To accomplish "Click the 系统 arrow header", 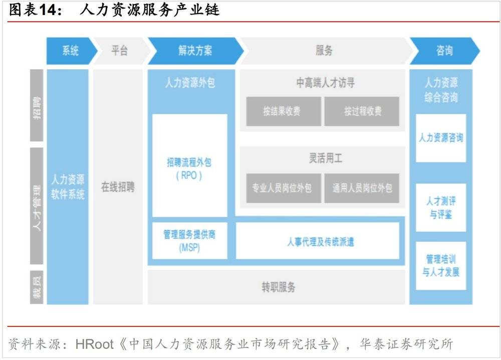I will coord(71,51).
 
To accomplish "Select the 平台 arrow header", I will coord(119,51).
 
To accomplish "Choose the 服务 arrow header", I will coord(324,51).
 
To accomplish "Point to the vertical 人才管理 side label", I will coord(37,206).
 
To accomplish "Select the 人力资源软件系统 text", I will coord(68,187).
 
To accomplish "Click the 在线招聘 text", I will coord(118,188).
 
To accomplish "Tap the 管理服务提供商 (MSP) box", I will coord(189,241).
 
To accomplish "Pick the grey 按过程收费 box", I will coord(362,111).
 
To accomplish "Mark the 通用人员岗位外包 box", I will coord(362,188).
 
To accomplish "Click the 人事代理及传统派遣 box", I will coord(318,241).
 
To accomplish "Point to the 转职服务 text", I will coord(279,287).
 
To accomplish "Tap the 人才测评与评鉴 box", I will coord(441,208).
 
